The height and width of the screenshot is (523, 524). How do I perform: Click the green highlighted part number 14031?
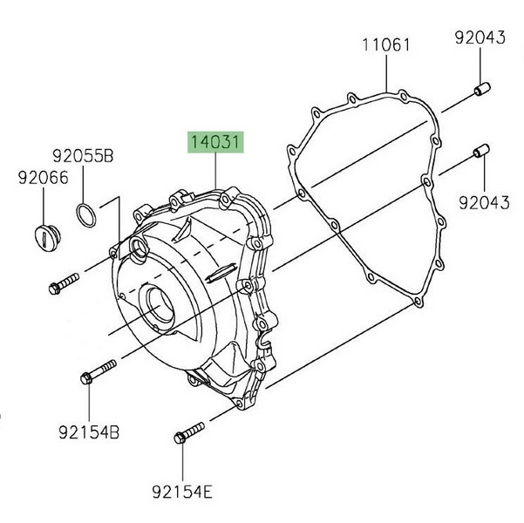215,142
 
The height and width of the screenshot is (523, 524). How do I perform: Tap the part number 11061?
386,45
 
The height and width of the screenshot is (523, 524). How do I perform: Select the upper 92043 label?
480,37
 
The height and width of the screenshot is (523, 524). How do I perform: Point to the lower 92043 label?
484,202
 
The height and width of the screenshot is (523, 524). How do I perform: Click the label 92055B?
83,156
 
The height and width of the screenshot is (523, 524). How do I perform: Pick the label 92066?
43,178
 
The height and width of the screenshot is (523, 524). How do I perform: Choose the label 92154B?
89,432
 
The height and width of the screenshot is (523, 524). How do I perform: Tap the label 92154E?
182,492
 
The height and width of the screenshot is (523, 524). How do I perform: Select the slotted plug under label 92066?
48,239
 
